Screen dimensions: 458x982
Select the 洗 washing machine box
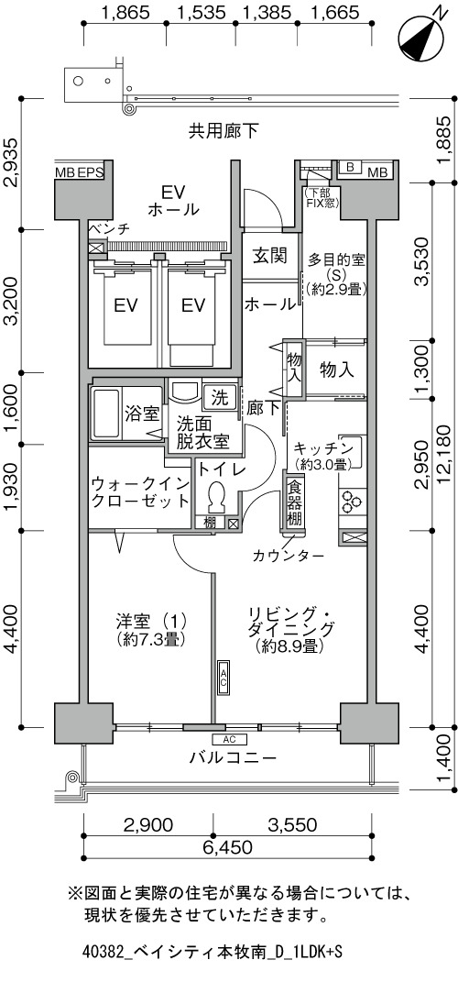(x=220, y=396)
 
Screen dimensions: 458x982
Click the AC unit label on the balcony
(x=228, y=738)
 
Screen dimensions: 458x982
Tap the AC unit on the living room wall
(x=224, y=677)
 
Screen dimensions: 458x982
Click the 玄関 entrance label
(x=270, y=256)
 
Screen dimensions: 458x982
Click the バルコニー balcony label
(x=233, y=757)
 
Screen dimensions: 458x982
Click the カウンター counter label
(x=289, y=556)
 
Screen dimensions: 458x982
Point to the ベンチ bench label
(x=110, y=229)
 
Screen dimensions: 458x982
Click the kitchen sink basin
(x=351, y=446)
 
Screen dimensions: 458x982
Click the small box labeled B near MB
(x=350, y=167)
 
